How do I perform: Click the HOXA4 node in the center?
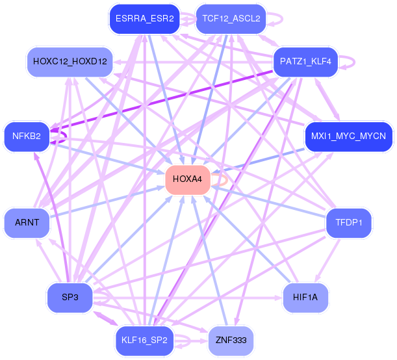(x=188, y=180)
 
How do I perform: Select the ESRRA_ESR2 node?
(x=145, y=19)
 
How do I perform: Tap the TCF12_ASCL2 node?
(x=231, y=19)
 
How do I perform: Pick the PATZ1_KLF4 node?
(x=305, y=62)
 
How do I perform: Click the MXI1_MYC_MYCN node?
(x=348, y=136)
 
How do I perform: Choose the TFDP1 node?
(x=349, y=223)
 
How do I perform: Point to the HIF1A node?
(x=305, y=298)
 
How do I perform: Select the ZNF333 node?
(x=231, y=341)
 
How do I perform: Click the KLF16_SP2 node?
(x=144, y=341)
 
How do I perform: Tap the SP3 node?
(x=70, y=298)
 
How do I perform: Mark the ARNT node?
(x=27, y=223)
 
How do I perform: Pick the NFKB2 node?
(x=27, y=136)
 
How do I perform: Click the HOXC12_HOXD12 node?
(x=70, y=62)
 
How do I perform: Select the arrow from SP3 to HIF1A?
(x=188, y=298)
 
